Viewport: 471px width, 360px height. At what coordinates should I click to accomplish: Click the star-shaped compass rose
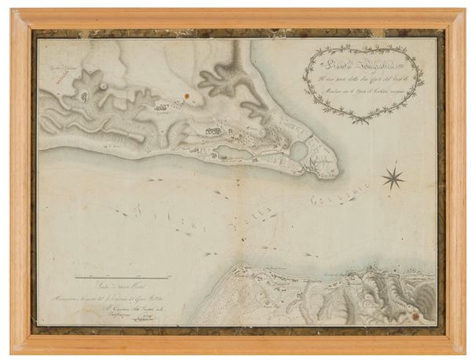tap(392, 178)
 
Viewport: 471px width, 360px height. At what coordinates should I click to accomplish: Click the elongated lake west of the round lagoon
tap(233, 151)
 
